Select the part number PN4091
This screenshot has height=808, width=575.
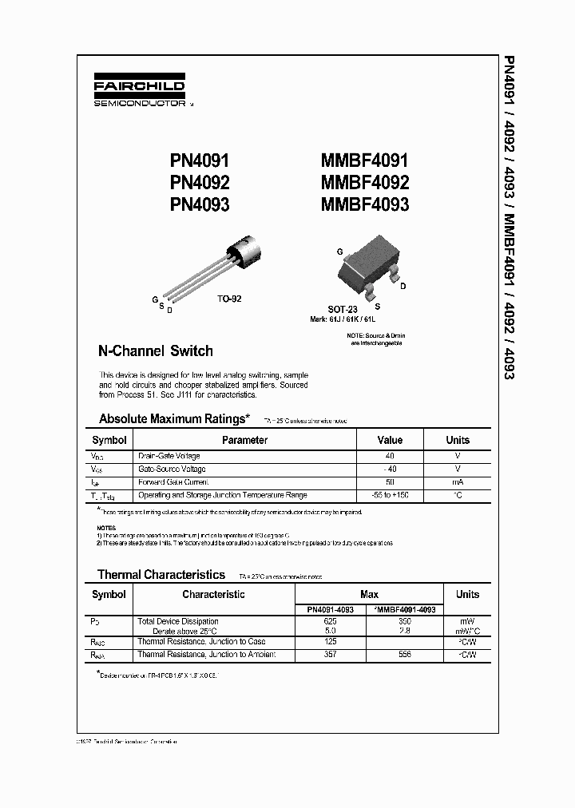point(200,161)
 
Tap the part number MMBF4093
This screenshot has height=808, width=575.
point(364,204)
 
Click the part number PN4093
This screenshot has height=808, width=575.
point(200,204)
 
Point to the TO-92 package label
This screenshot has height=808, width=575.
point(229,299)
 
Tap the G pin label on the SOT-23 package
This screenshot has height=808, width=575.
point(340,251)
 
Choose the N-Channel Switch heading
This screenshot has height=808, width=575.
point(155,351)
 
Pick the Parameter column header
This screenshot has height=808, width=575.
point(244,440)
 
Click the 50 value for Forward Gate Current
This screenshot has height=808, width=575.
point(390,482)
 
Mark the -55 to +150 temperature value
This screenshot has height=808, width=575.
point(390,496)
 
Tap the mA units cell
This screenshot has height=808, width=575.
point(458,482)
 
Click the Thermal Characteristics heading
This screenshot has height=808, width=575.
point(161,574)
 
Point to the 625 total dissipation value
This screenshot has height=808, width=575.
point(331,620)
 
